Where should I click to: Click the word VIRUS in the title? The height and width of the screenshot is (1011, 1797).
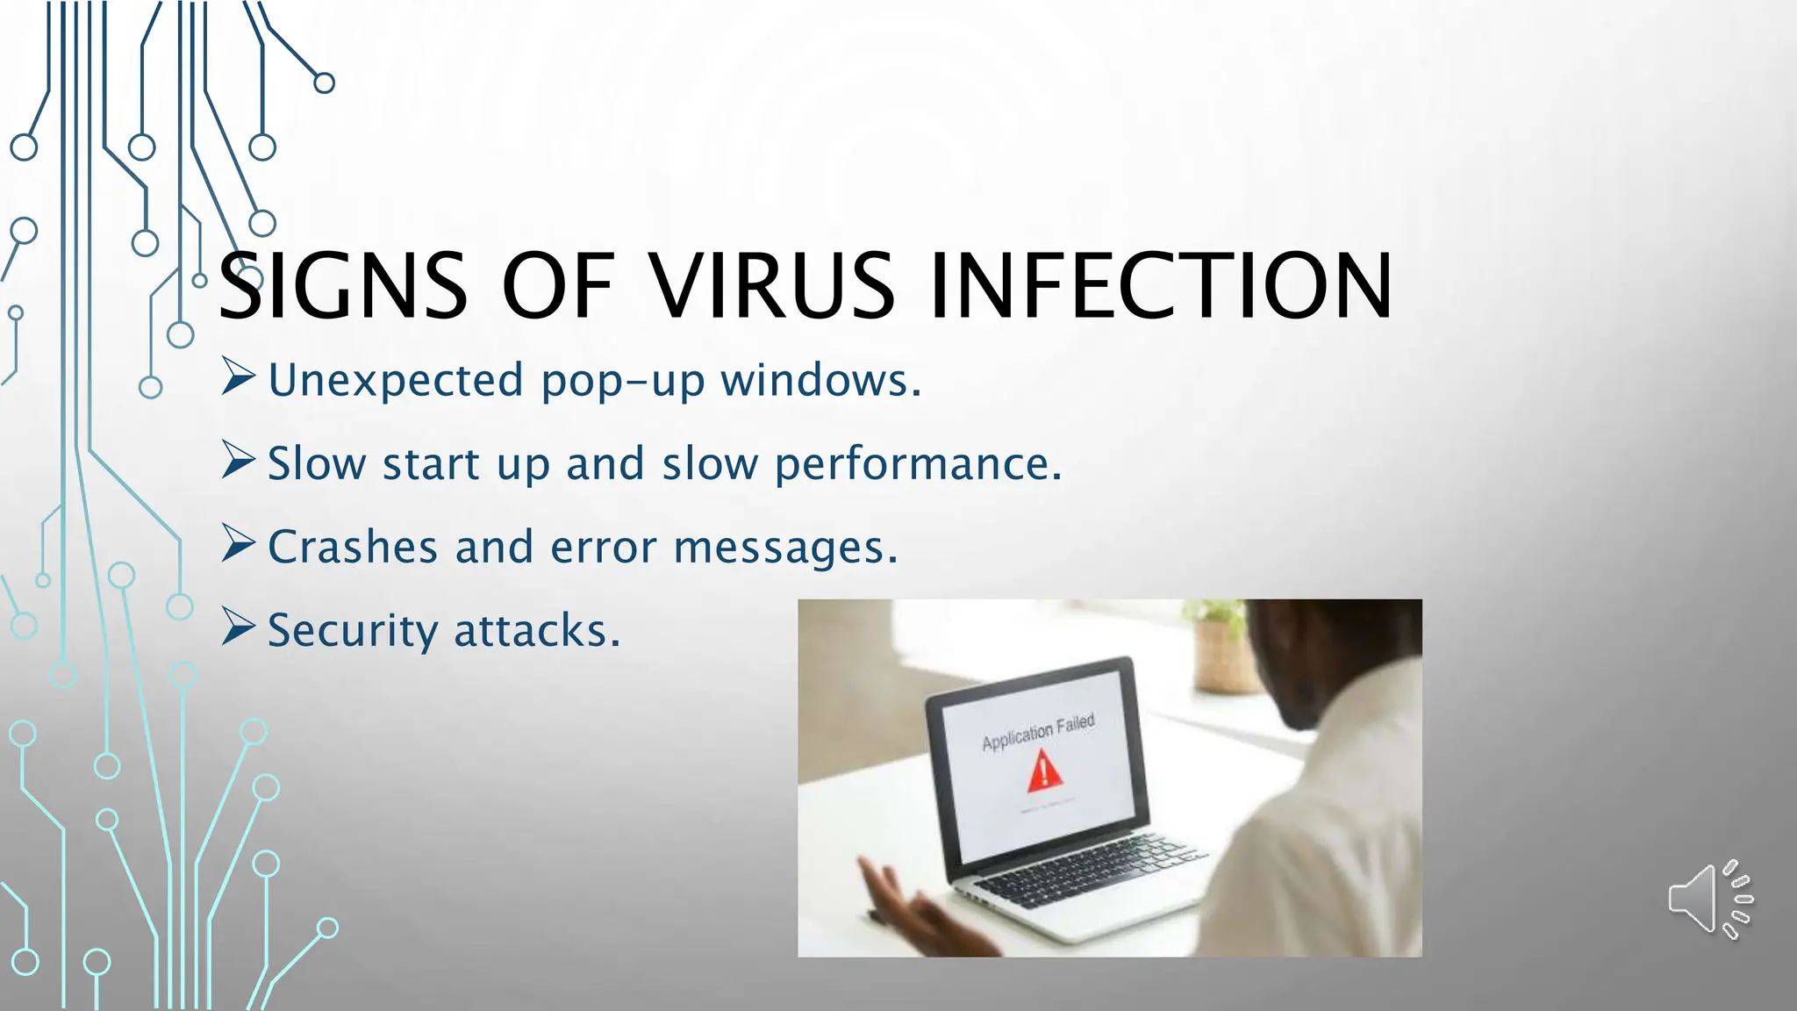772,286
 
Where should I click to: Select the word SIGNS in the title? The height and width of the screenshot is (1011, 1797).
342,286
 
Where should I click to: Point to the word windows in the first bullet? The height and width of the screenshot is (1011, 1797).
820,381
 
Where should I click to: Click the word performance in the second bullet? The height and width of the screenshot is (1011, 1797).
918,464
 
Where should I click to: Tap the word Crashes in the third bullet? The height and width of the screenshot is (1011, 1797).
353,548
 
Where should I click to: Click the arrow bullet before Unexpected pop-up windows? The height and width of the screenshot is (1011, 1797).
238,376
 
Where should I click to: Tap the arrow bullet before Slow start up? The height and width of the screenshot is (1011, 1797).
238,460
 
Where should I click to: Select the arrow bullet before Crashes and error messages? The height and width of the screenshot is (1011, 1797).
238,543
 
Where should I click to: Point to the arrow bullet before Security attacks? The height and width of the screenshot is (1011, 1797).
238,627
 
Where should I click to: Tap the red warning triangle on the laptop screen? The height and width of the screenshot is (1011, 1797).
1043,771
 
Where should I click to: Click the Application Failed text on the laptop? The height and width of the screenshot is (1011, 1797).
1038,732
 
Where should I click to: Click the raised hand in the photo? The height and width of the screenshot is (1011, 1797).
904,904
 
